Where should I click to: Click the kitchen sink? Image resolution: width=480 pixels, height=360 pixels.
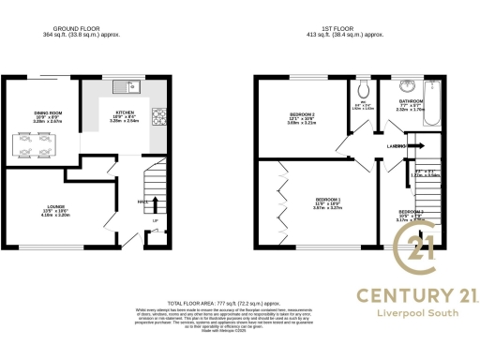point(125,87)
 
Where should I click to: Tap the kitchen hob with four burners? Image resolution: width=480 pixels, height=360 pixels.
point(157,118)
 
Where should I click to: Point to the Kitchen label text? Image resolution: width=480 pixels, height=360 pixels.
point(125,112)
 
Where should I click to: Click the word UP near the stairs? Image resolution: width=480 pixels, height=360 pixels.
point(156,221)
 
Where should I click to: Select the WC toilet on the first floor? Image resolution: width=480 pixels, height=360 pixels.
point(363,92)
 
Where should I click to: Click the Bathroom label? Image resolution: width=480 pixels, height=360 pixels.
point(412,100)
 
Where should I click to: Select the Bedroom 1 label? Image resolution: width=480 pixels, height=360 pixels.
point(327,200)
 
